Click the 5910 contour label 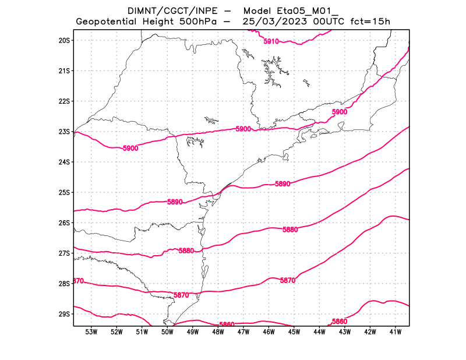pyautogui.click(x=271, y=41)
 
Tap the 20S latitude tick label pyautogui.click(x=63, y=40)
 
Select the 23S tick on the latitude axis pyautogui.click(x=63, y=132)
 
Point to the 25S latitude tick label pyautogui.click(x=63, y=192)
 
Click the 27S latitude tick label pyautogui.click(x=63, y=253)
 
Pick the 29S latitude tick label pyautogui.click(x=63, y=314)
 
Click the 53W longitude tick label pyautogui.click(x=91, y=333)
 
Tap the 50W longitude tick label pyautogui.click(x=167, y=333)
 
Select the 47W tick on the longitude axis pyautogui.click(x=243, y=333)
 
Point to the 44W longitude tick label pyautogui.click(x=319, y=333)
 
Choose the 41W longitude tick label pyautogui.click(x=396, y=333)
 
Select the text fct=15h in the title pyautogui.click(x=370, y=22)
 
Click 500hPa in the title pyautogui.click(x=199, y=22)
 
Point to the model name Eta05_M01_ pyautogui.click(x=315, y=10)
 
